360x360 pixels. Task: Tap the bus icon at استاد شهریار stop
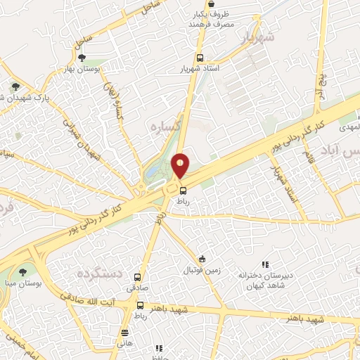click(x=200, y=58)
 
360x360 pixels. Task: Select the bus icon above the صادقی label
click(x=138, y=277)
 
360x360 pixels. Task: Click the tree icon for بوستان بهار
click(x=83, y=58)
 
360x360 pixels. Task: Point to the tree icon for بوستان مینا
click(x=25, y=271)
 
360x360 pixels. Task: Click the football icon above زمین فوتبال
click(x=202, y=259)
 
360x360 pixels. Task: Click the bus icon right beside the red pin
click(x=183, y=190)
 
